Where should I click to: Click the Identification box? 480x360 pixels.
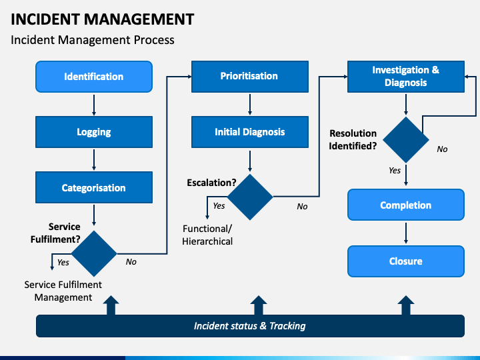94,77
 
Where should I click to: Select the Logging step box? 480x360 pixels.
94,132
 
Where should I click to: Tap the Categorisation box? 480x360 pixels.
94,187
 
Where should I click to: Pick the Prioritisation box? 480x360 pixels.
250,77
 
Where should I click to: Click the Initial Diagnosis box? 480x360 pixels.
250,132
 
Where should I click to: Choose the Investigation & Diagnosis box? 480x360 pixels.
406,77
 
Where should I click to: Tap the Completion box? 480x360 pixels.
406,205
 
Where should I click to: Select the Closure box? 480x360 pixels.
406,261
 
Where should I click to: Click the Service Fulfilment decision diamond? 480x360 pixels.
94,253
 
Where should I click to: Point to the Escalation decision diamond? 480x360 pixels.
250,197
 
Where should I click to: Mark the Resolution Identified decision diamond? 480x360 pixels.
406,140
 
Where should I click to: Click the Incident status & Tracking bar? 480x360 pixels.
251,326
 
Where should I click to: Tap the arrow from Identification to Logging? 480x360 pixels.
94,105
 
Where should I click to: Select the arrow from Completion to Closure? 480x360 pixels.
406,233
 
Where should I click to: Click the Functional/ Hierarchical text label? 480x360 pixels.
207,235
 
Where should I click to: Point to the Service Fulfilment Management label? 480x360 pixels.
63,291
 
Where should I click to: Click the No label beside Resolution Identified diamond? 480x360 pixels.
442,149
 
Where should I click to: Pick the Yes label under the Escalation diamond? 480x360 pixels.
219,206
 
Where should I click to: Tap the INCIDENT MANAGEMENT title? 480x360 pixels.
103,19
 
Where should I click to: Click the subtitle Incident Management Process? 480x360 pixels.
93,40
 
